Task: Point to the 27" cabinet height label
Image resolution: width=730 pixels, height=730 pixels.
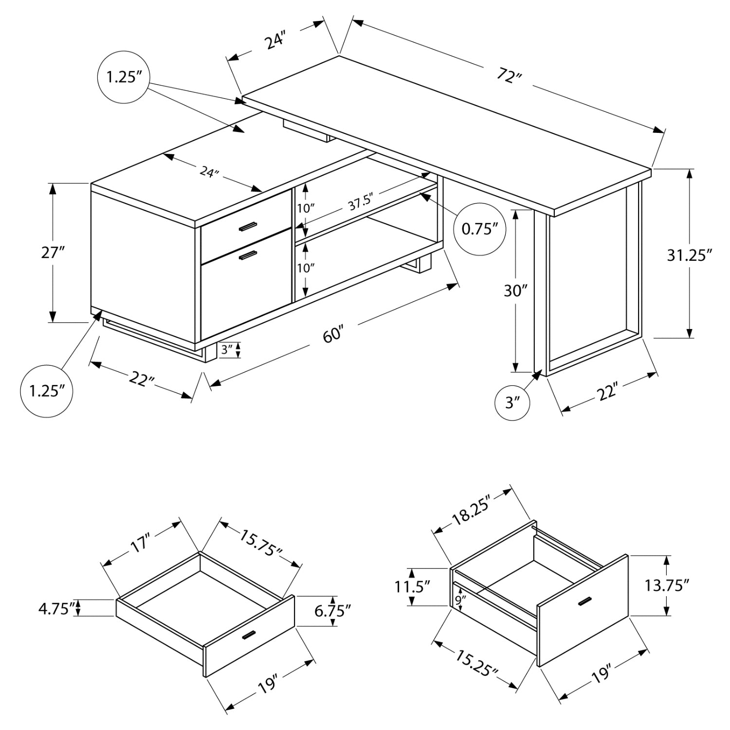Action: [x=53, y=253]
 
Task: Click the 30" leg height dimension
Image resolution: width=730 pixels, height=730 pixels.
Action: [x=515, y=291]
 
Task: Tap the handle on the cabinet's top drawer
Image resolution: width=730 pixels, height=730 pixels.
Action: [x=247, y=226]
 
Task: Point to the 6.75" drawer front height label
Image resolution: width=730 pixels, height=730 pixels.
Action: [x=332, y=610]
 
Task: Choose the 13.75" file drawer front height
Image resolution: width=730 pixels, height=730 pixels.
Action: [x=667, y=585]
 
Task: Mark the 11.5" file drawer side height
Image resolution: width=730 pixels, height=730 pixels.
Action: [x=413, y=587]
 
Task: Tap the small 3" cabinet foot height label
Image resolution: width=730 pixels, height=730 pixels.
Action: [x=227, y=350]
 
